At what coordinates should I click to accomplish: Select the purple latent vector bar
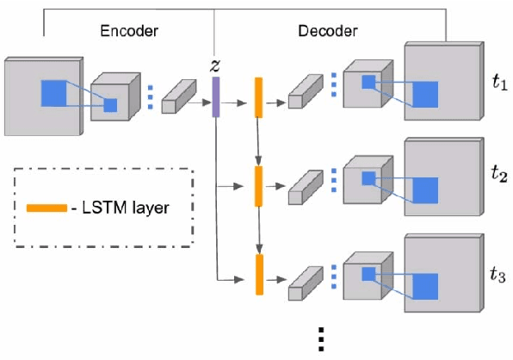(215, 96)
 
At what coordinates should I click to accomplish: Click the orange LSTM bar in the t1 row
(257, 96)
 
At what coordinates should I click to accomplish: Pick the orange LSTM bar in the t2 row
(257, 186)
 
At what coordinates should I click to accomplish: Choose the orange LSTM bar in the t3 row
(257, 275)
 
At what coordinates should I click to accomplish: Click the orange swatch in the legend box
(46, 208)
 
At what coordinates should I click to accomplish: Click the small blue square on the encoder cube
(110, 105)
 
